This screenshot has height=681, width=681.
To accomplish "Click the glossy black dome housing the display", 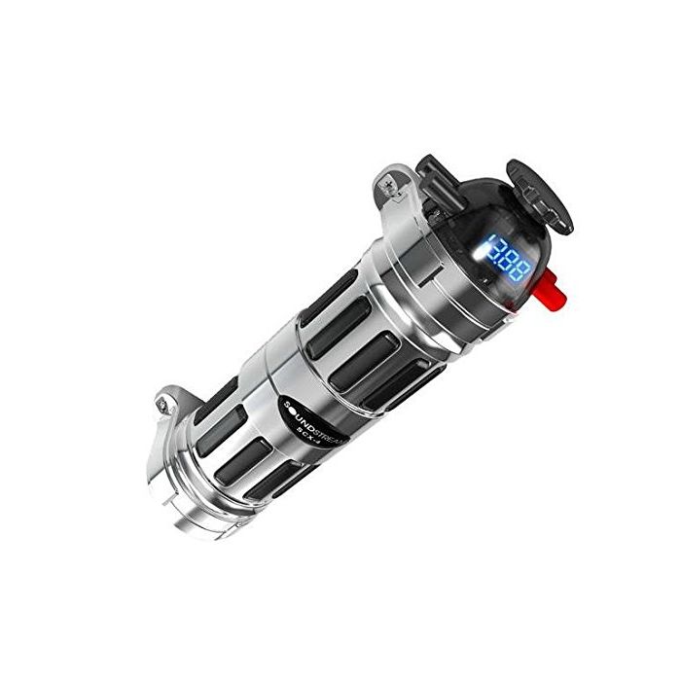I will (486, 233).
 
